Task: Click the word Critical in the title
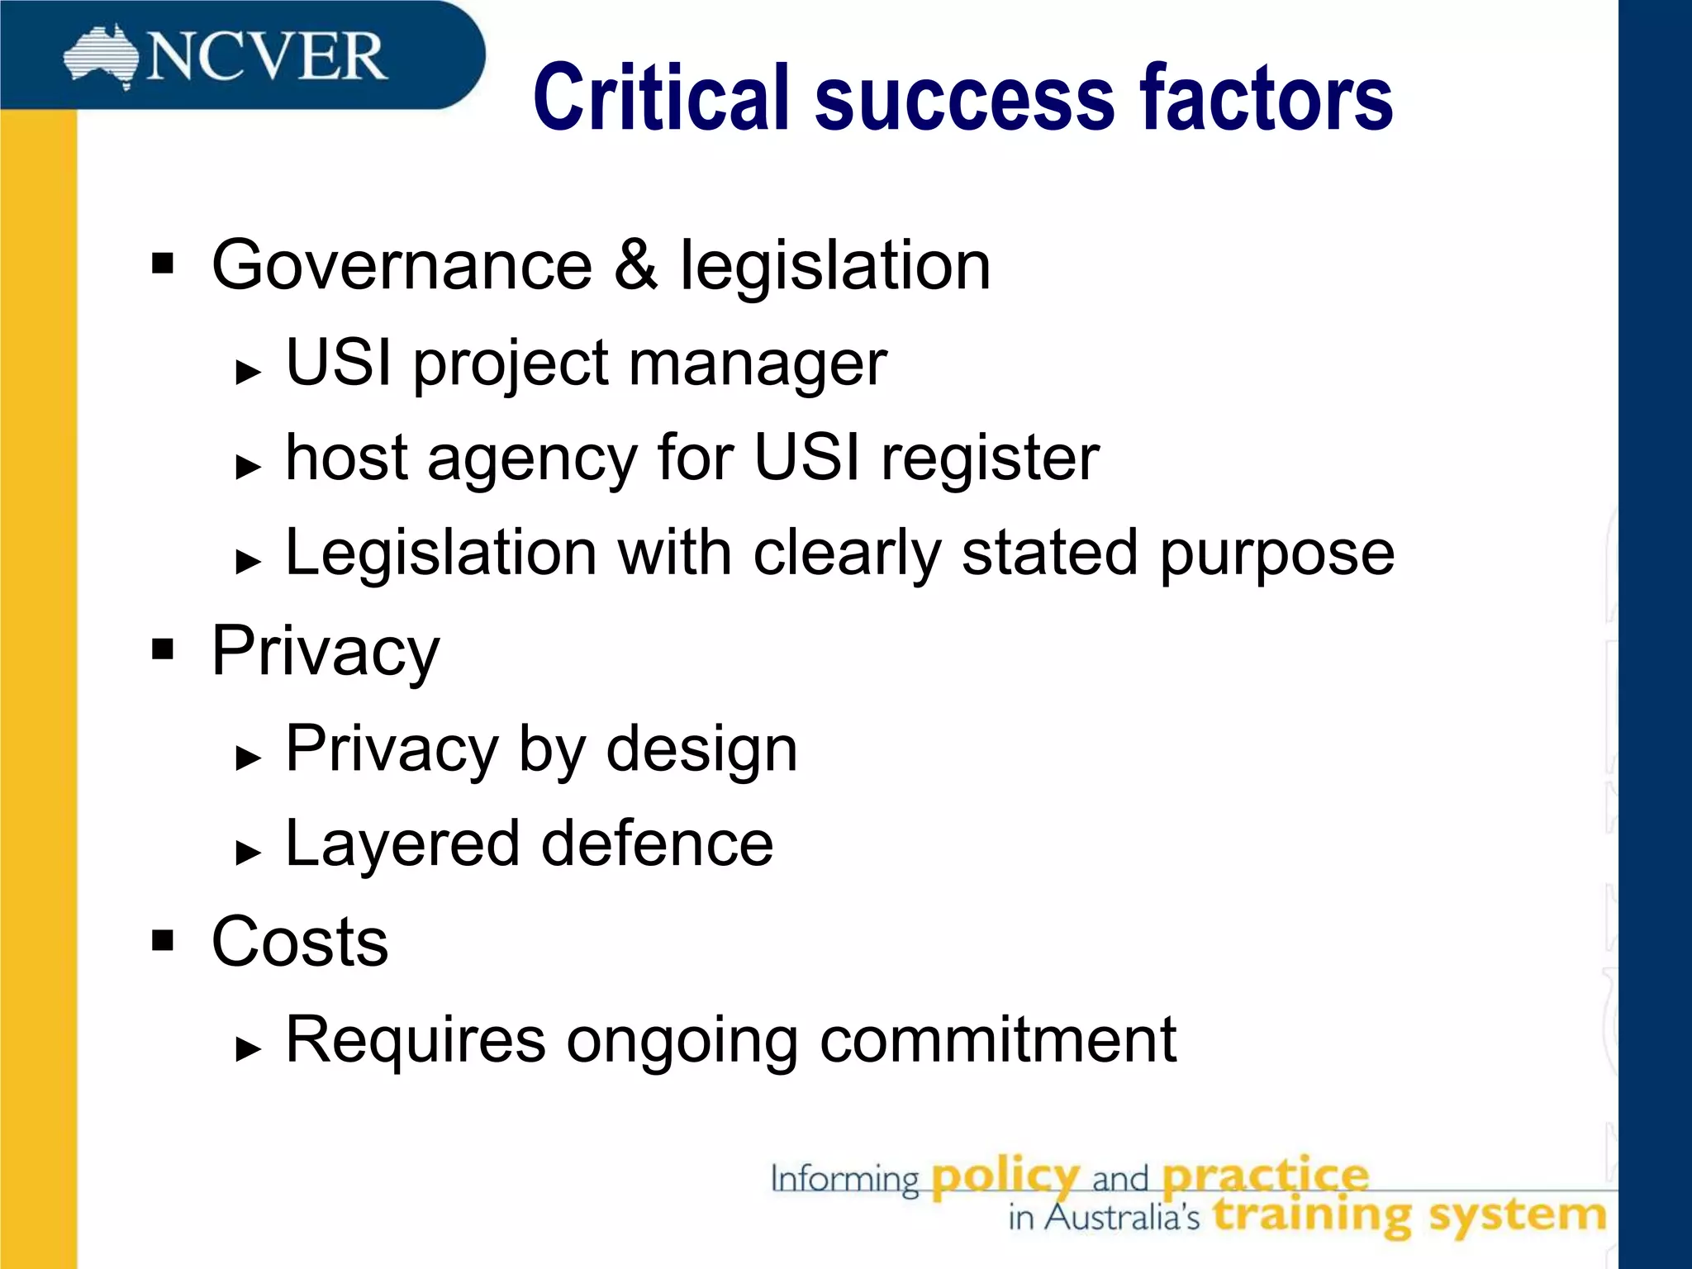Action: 661,98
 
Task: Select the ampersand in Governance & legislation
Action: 635,265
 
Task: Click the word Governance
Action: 402,265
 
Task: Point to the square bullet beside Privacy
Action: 163,650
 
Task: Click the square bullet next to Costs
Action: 163,940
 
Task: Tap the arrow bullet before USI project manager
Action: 248,372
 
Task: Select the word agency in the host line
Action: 533,459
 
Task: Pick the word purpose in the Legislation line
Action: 1276,554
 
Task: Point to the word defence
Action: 657,844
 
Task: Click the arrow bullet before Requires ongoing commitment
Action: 248,1048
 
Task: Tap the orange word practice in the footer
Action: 1265,1176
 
